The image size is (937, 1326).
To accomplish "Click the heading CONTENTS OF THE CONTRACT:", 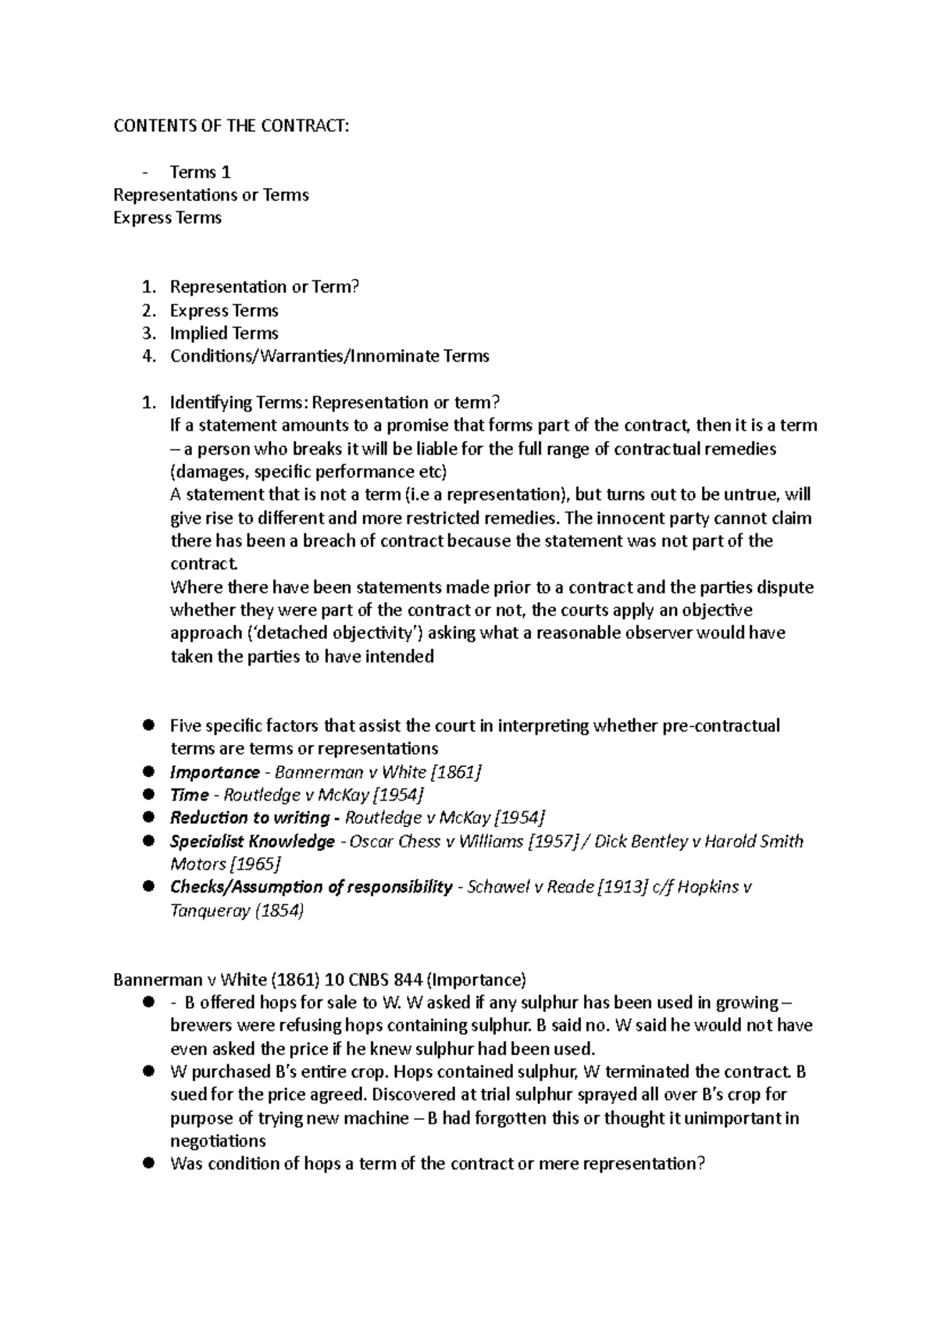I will (x=232, y=127).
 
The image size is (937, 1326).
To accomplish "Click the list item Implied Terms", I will (x=224, y=333).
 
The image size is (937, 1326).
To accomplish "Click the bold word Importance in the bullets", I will (x=215, y=772).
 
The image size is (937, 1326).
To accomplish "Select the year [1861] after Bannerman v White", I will (x=456, y=772).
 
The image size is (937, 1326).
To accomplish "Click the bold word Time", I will (x=189, y=795).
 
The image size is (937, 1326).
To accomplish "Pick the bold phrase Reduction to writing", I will (x=250, y=818).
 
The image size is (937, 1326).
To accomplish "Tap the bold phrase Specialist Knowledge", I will (x=252, y=841).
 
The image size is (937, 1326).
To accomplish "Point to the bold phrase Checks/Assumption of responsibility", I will (x=311, y=887).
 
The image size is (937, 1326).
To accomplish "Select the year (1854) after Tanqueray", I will (x=280, y=911).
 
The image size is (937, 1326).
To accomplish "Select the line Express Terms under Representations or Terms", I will (x=167, y=218).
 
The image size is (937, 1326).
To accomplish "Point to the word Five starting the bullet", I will (x=187, y=725).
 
